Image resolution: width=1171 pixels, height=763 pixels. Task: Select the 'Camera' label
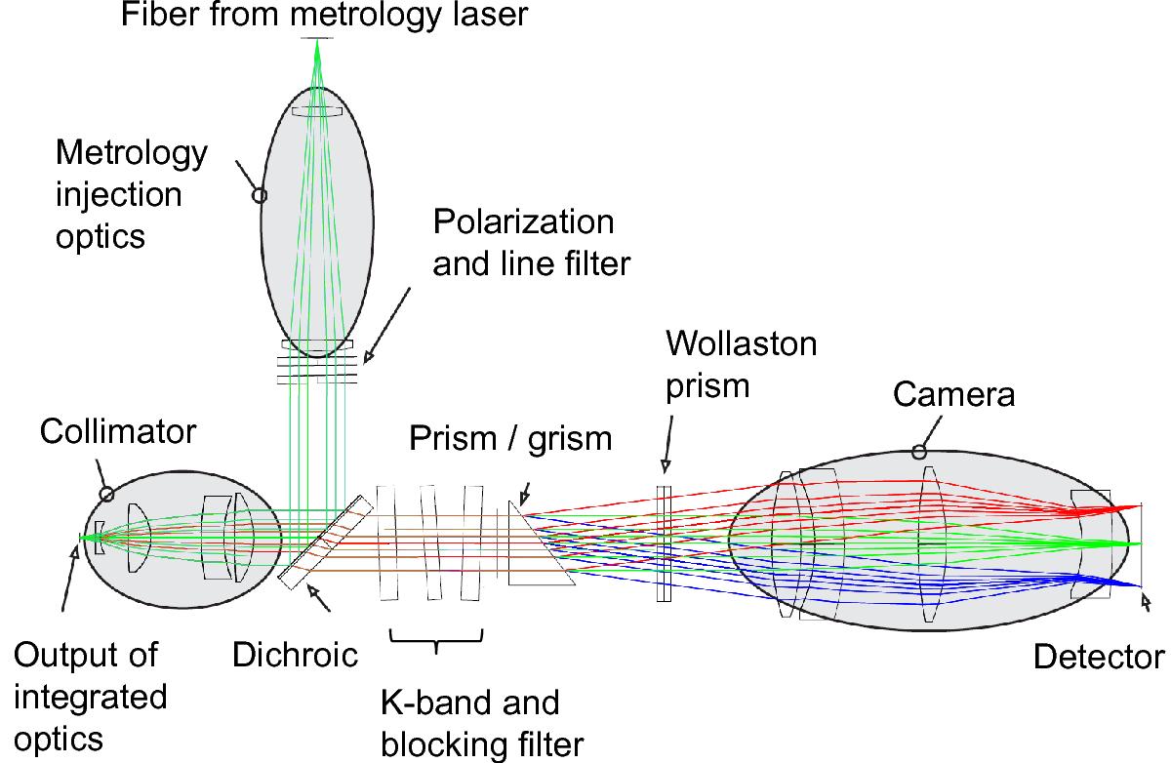tap(954, 393)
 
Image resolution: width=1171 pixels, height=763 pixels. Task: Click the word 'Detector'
tap(1099, 658)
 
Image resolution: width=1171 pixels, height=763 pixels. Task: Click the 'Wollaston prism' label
tap(741, 365)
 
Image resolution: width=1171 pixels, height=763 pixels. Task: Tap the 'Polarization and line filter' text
tap(523, 243)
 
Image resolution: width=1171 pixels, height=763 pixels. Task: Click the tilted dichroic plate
tap(325, 542)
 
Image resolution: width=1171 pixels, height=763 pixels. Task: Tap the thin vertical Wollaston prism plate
tap(664, 544)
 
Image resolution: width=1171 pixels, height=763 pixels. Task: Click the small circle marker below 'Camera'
tap(917, 452)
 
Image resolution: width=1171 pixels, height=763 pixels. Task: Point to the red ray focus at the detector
tap(1138, 505)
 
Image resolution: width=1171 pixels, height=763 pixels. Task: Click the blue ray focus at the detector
tap(1138, 584)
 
